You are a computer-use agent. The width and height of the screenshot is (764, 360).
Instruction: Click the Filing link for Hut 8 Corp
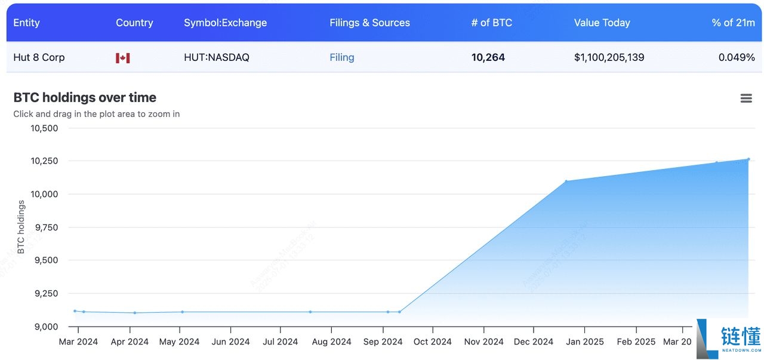pyautogui.click(x=341, y=57)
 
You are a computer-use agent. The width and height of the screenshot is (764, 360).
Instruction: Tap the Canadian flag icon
pyautogui.click(x=123, y=58)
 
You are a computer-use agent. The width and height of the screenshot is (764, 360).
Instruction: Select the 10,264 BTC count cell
pyautogui.click(x=488, y=57)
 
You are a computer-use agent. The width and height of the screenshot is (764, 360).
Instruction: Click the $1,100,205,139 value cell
pyautogui.click(x=609, y=57)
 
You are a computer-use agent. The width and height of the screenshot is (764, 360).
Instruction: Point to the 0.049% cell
pyautogui.click(x=737, y=57)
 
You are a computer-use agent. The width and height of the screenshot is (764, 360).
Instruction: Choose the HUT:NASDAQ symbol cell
pyautogui.click(x=217, y=57)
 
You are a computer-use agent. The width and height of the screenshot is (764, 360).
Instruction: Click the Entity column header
pyautogui.click(x=26, y=23)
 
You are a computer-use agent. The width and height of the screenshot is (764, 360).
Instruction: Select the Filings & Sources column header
pyautogui.click(x=369, y=23)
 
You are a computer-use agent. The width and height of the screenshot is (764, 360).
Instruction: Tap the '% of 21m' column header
pyautogui.click(x=733, y=23)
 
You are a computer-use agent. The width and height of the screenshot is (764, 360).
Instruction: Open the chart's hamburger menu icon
pyautogui.click(x=746, y=99)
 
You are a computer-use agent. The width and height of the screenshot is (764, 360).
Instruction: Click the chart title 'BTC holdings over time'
pyautogui.click(x=85, y=97)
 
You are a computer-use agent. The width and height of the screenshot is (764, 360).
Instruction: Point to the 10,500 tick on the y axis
pyautogui.click(x=44, y=128)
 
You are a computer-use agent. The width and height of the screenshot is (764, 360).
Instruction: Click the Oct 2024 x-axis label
pyautogui.click(x=433, y=341)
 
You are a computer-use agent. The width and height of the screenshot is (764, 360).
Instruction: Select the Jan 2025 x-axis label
pyautogui.click(x=585, y=341)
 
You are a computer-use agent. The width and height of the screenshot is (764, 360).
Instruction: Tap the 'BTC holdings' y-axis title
pyautogui.click(x=21, y=227)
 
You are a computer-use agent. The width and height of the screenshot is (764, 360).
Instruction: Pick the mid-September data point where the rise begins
pyautogui.click(x=399, y=312)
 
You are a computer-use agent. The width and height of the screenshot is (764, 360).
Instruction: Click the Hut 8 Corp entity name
pyautogui.click(x=39, y=57)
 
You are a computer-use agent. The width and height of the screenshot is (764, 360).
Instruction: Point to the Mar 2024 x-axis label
pyautogui.click(x=78, y=341)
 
